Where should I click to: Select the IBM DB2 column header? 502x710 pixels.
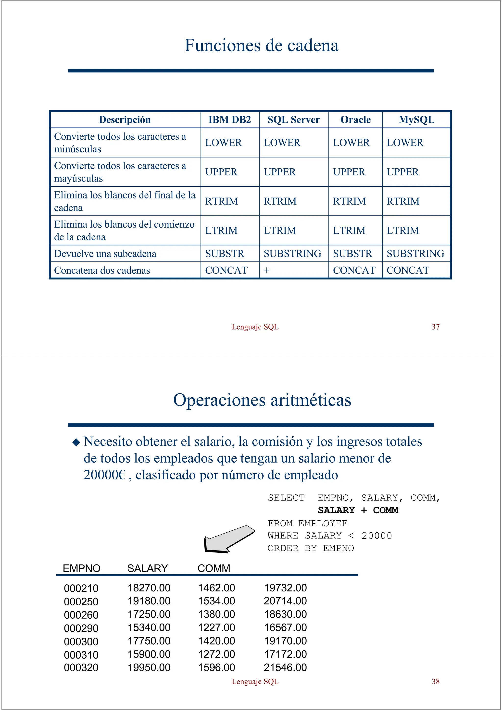tap(229, 120)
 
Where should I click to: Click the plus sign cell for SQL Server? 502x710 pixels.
tap(267, 270)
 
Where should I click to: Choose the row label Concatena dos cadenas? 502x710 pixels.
tap(102, 270)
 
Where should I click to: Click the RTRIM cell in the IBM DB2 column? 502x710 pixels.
tap(221, 201)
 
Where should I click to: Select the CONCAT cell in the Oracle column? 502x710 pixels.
tap(354, 270)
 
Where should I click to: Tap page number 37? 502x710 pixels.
tap(436, 327)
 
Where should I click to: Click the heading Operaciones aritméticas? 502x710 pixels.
tap(262, 400)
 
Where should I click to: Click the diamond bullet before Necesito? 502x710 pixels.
tap(76, 442)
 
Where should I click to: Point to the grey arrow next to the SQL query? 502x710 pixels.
tap(227, 539)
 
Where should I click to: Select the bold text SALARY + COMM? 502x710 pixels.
tap(358, 510)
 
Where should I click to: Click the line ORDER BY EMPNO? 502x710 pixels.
tap(311, 548)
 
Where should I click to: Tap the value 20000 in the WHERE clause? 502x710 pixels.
tap(376, 536)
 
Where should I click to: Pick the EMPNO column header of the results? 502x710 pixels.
tap(82, 568)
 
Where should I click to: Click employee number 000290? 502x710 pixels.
tap(81, 628)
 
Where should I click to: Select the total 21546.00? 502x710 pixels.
tap(285, 667)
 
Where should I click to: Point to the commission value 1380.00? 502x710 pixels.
tap(216, 614)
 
